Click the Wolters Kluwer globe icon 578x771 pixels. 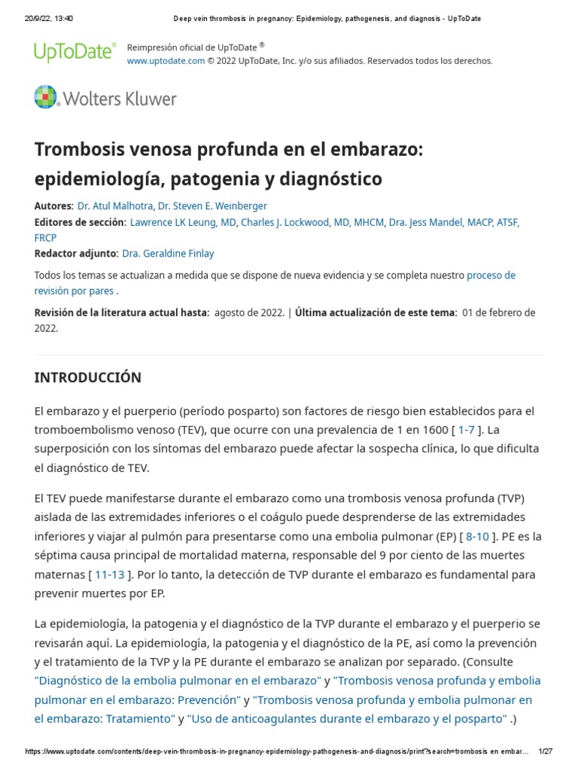pyautogui.click(x=46, y=98)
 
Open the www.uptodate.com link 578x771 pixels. pyautogui.click(x=166, y=61)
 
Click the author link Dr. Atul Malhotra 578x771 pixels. pyautogui.click(x=115, y=206)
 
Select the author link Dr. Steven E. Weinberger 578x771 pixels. pyautogui.click(x=212, y=206)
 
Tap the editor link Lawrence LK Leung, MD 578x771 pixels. pyautogui.click(x=184, y=222)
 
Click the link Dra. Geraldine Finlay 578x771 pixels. pyautogui.click(x=168, y=254)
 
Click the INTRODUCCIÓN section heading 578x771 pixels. pyautogui.click(x=87, y=377)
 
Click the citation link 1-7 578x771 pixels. pyautogui.click(x=467, y=430)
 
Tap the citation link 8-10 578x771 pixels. pyautogui.click(x=477, y=536)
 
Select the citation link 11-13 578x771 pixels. pyautogui.click(x=110, y=574)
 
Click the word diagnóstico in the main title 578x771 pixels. pyautogui.click(x=330, y=179)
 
